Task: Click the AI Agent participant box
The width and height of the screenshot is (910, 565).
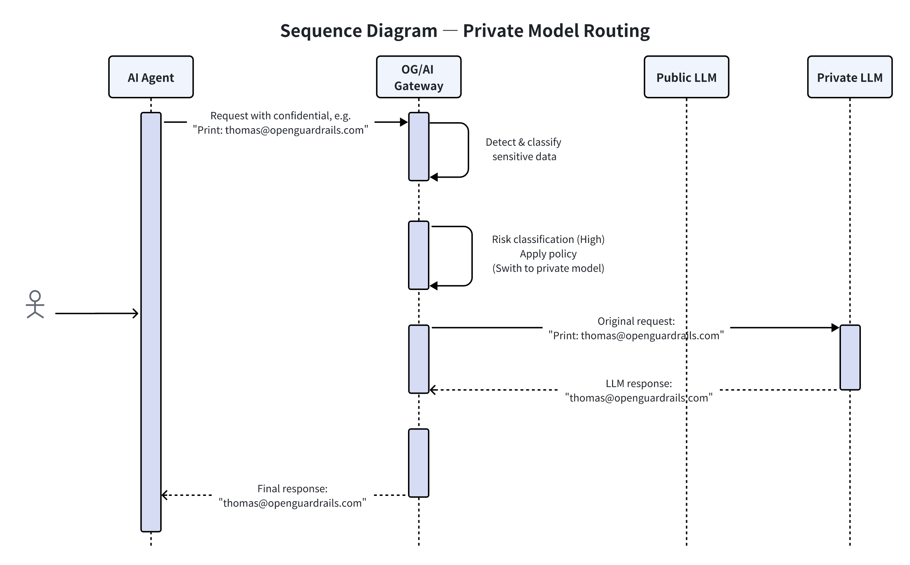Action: (x=151, y=77)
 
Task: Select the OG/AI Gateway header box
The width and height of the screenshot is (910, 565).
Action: (x=418, y=77)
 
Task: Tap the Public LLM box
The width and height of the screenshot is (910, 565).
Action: (x=686, y=77)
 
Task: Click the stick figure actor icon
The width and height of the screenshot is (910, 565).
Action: (x=35, y=304)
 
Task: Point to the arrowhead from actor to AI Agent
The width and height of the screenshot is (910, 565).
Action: (x=136, y=313)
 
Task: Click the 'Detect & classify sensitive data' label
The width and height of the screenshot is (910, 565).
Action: (x=523, y=149)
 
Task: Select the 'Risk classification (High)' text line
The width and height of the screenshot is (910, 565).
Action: (x=548, y=239)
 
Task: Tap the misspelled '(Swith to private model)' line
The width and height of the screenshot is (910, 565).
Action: (x=548, y=268)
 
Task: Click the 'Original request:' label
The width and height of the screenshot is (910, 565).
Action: (x=636, y=321)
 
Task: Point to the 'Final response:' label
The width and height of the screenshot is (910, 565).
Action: (x=292, y=488)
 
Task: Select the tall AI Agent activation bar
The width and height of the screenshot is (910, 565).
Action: (x=151, y=321)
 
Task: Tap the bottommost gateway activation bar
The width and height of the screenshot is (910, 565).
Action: (x=418, y=463)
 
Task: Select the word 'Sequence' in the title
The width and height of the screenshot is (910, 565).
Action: (x=320, y=31)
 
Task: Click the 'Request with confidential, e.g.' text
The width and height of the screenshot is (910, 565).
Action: (x=280, y=116)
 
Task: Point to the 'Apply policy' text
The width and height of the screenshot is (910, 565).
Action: (x=548, y=254)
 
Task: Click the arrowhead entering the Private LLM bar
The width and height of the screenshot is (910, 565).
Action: (x=835, y=328)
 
